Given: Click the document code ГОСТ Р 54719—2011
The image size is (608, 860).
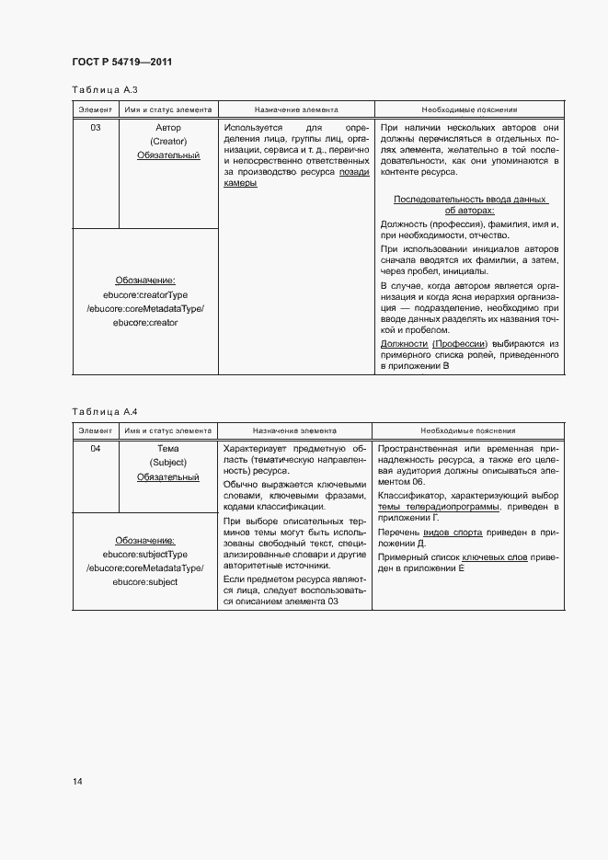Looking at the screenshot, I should point(121,62).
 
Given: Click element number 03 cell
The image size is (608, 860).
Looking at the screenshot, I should point(96,127).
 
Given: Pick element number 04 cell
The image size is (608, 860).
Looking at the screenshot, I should point(96,449).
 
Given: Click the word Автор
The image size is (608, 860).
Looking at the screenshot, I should point(168,127).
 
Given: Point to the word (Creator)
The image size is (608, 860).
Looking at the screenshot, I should point(168,142).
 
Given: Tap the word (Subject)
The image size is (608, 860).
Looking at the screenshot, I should point(168,463).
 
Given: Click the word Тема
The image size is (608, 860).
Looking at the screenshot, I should point(168,449).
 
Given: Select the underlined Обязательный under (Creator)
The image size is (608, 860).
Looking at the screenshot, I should point(168,155).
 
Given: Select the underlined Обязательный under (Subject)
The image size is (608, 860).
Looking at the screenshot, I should point(168,477).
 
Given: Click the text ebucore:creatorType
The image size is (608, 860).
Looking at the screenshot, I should point(145,294).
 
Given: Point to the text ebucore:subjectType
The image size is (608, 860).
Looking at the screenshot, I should point(145,555).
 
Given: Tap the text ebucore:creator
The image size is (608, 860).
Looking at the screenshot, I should point(145,323).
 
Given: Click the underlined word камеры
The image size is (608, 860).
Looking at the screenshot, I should point(240,183).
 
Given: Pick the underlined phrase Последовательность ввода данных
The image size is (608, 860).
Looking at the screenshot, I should point(470,200).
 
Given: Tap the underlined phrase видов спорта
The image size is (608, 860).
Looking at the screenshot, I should point(461,533).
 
